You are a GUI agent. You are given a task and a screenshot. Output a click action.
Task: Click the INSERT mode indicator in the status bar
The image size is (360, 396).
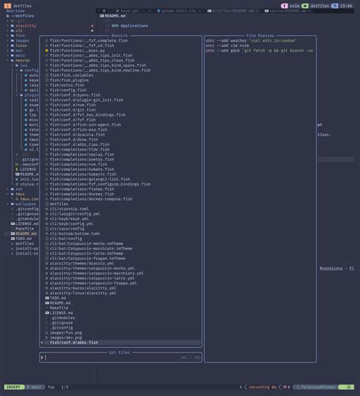click(x=13, y=387)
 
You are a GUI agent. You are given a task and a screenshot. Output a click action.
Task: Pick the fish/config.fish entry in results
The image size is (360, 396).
click(x=69, y=90)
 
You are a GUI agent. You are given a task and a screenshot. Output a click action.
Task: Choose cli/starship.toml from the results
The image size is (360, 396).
click(x=69, y=208)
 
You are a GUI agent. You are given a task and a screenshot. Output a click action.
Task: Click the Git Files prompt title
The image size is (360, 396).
click(x=119, y=352)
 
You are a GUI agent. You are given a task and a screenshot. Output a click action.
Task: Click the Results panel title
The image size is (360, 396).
click(x=119, y=35)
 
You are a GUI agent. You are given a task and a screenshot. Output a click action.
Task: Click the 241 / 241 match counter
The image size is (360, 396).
click(x=190, y=356)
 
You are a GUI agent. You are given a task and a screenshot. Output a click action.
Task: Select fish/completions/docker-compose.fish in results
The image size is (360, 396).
click(x=92, y=198)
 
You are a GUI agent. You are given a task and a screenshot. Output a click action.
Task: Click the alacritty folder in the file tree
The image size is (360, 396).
click(x=26, y=25)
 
